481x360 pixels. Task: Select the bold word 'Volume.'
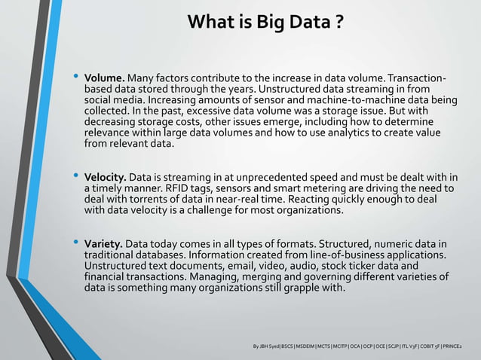105,78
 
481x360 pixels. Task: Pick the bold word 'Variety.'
103,245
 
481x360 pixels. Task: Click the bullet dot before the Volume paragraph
75,78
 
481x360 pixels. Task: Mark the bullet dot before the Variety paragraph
75,244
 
